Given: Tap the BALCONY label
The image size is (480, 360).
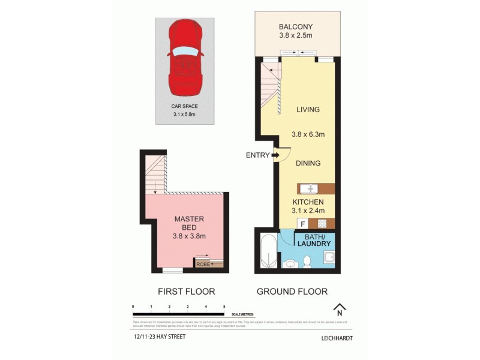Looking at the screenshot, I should [x=296, y=26].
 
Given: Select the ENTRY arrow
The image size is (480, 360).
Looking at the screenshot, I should [x=275, y=155].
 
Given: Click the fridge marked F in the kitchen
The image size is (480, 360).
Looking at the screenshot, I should [x=303, y=224].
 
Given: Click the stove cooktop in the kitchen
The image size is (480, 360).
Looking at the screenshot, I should [x=322, y=224].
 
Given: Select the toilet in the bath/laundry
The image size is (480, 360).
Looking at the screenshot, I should [x=307, y=260].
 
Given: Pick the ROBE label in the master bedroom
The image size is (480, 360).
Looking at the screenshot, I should [x=202, y=263].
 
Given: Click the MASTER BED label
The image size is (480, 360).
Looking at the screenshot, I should [x=185, y=224].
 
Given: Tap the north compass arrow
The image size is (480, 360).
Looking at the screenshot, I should [x=340, y=309].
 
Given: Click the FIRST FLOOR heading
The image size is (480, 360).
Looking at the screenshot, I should [x=186, y=292].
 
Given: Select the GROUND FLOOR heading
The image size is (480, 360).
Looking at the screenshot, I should [x=292, y=292].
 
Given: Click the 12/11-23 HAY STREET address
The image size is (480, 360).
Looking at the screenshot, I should [x=160, y=337].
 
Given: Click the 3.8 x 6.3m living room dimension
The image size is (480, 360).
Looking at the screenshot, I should [x=308, y=134].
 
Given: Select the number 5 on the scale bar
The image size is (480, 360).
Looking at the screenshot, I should [x=224, y=307].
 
